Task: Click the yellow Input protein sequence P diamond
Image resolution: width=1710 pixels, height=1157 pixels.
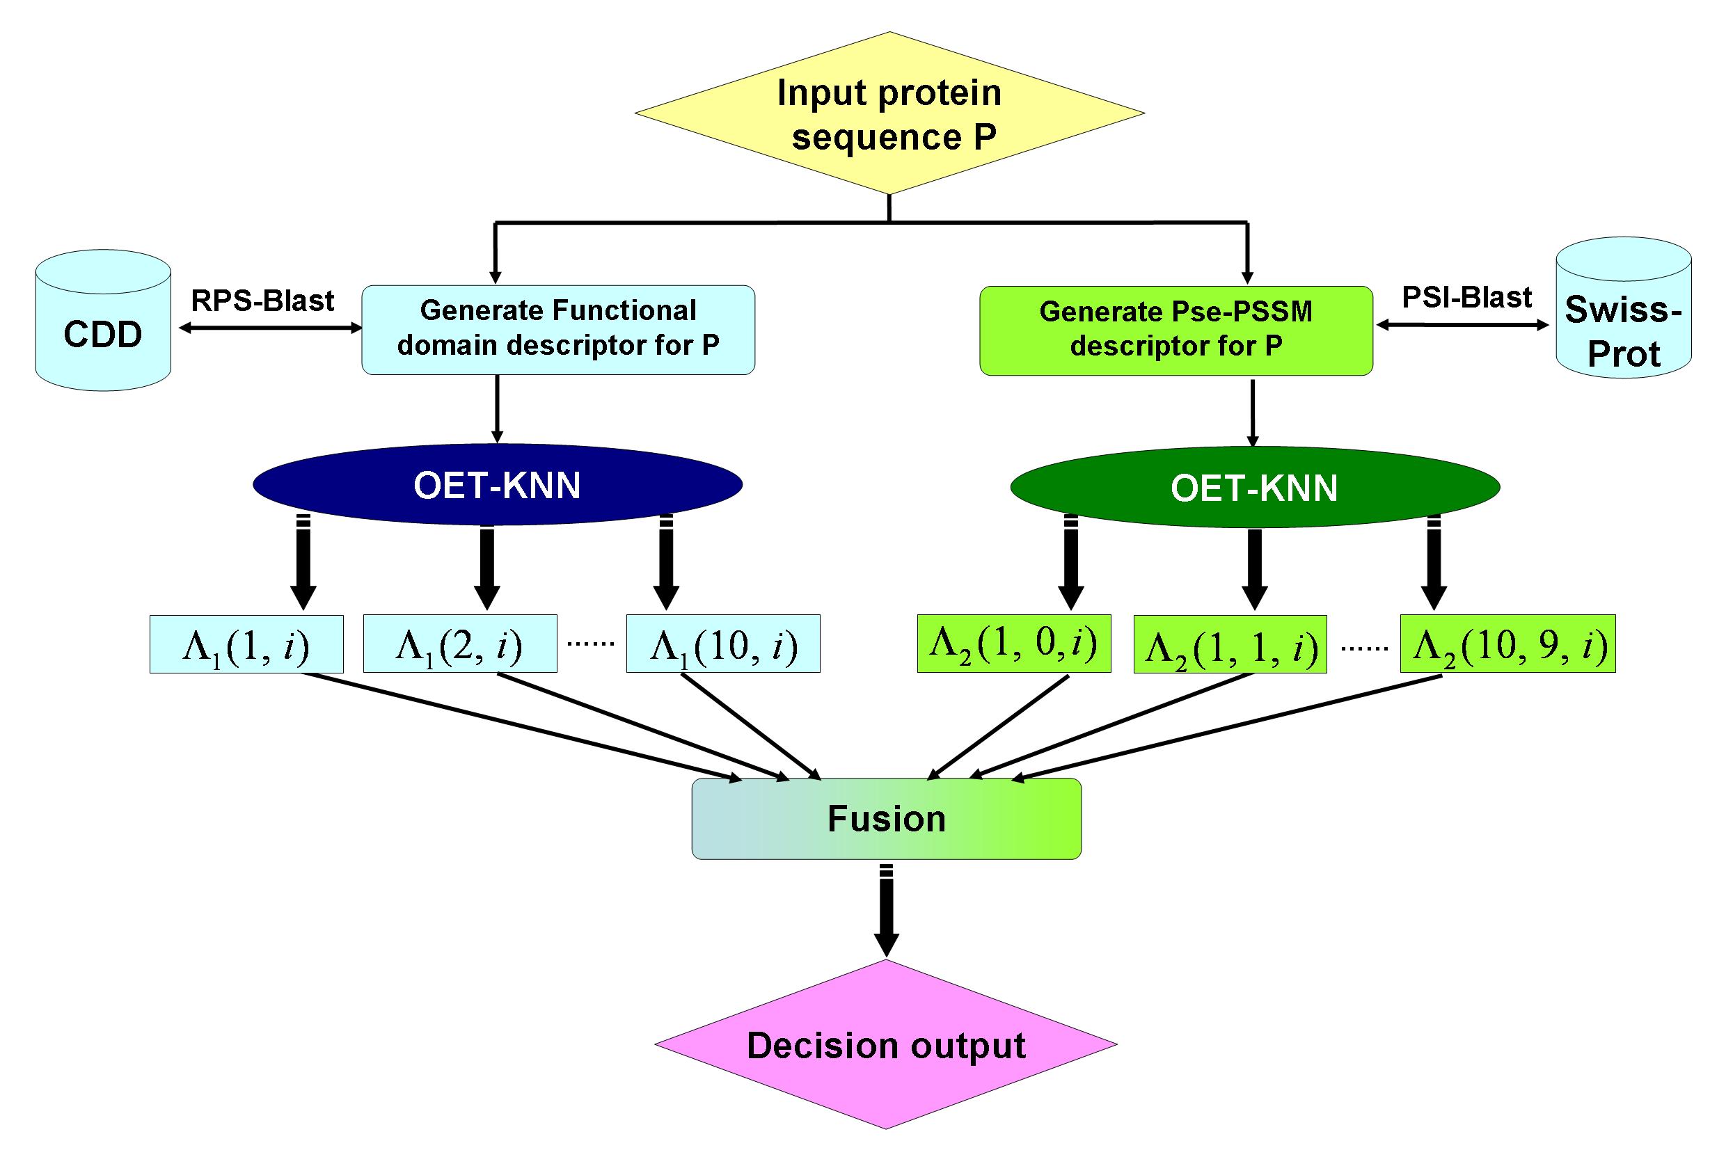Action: pos(889,113)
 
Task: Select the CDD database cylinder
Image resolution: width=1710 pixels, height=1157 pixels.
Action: pos(103,321)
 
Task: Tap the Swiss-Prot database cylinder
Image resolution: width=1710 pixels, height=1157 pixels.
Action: pos(1623,308)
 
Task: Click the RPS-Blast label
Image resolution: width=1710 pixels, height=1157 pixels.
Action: pos(262,300)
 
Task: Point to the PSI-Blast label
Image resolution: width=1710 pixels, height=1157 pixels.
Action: pos(1466,297)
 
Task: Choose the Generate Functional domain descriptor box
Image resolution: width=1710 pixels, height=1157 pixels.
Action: pos(557,330)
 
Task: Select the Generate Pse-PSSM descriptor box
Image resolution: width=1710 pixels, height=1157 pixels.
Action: pos(1175,331)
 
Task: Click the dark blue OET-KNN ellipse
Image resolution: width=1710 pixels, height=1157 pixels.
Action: pos(498,484)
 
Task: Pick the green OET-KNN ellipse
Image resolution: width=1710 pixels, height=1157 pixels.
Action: pos(1255,487)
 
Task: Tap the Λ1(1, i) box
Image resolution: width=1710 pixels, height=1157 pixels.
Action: pos(246,644)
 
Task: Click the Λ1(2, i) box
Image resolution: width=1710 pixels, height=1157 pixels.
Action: pos(460,644)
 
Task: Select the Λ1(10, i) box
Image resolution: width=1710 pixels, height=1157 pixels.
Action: pos(722,644)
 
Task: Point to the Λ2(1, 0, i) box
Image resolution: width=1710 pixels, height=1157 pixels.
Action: pos(1014,644)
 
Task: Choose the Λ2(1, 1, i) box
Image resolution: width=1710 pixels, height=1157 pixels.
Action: pos(1230,644)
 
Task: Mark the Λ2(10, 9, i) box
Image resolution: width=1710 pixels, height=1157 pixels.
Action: pos(1507,644)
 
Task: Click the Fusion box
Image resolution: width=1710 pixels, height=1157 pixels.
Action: pos(886,819)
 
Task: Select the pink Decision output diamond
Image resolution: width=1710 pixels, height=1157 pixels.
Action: pos(886,1044)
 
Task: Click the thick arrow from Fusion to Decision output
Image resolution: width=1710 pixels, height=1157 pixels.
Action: pos(887,911)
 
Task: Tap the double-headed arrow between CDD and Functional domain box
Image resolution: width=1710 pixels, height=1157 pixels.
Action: pos(271,329)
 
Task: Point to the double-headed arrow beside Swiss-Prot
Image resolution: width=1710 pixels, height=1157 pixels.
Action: pos(1463,325)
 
